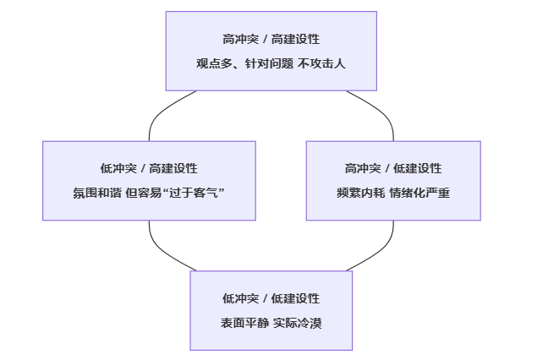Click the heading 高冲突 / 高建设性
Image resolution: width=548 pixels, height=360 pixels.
[271, 39]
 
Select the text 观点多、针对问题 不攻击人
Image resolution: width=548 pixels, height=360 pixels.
[271, 63]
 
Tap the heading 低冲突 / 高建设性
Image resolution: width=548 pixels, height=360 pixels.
[149, 168]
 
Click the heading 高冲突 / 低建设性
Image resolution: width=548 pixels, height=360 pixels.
[392, 168]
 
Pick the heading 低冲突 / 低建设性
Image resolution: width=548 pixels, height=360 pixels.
[271, 298]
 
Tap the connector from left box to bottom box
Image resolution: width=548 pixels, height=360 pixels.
[161, 249]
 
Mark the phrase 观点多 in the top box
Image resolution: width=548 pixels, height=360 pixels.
[212, 63]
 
